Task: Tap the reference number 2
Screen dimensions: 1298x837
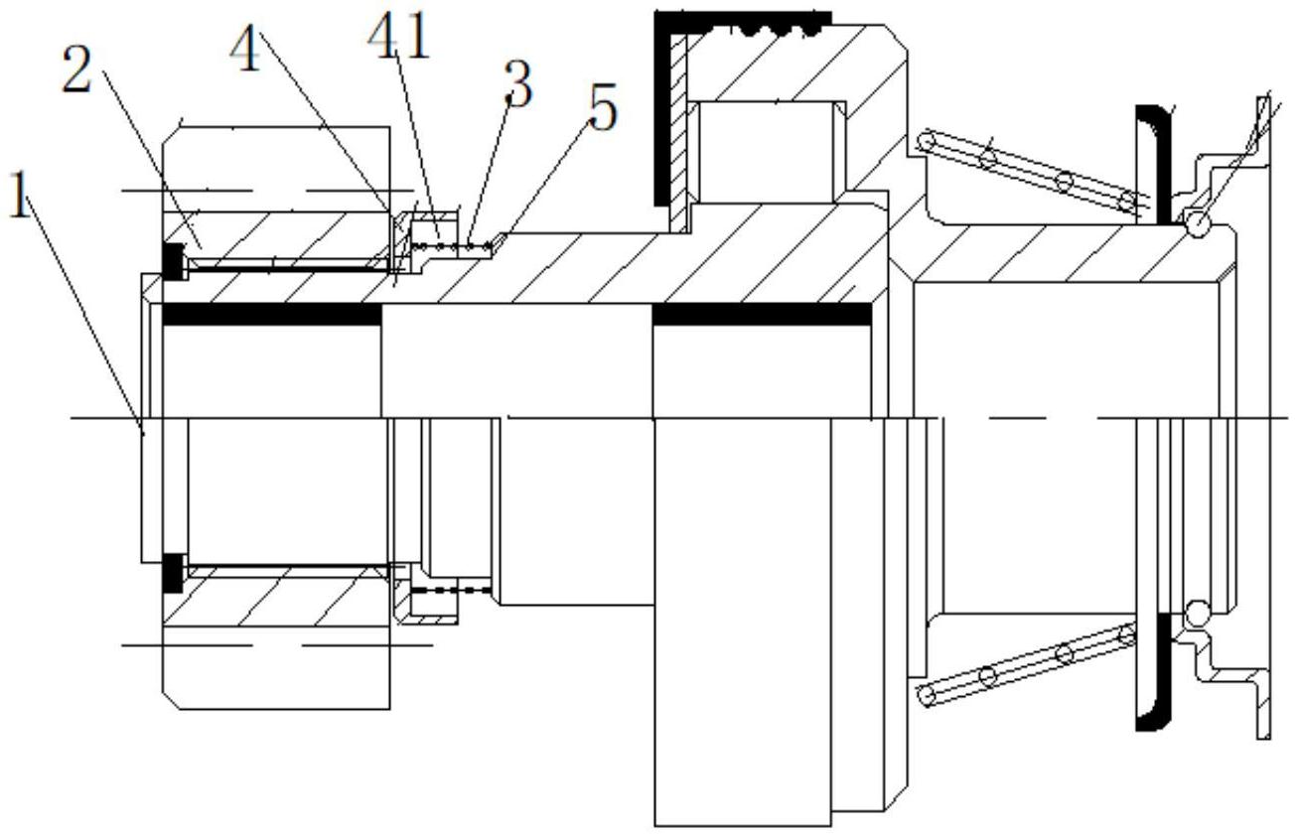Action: pyautogui.click(x=76, y=70)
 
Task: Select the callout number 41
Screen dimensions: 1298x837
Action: pyautogui.click(x=399, y=36)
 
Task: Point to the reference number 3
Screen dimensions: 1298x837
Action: pyautogui.click(x=518, y=84)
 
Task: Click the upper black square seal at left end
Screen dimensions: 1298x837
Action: pyautogui.click(x=173, y=261)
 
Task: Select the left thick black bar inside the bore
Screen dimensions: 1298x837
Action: pyautogui.click(x=272, y=314)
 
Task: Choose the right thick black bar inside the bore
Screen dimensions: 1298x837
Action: pyautogui.click(x=762, y=314)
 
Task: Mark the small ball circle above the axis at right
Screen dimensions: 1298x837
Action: pyautogui.click(x=1197, y=223)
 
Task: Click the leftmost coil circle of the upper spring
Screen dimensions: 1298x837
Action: pyautogui.click(x=928, y=141)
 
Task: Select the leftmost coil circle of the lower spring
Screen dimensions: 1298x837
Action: pyautogui.click(x=928, y=695)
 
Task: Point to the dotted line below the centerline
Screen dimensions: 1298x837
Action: pyautogui.click(x=452, y=590)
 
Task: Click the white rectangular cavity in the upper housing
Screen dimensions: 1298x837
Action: pyautogui.click(x=768, y=152)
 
